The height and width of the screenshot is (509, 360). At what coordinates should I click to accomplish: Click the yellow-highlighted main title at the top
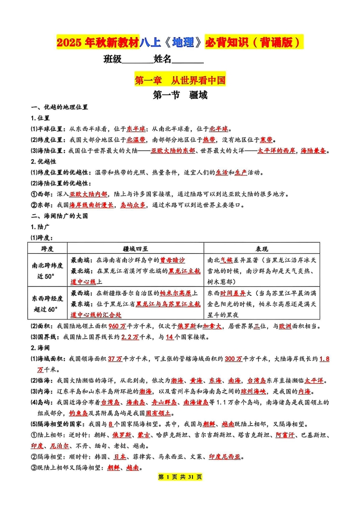click(180, 43)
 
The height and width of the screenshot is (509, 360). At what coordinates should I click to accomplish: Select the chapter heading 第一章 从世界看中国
click(180, 81)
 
